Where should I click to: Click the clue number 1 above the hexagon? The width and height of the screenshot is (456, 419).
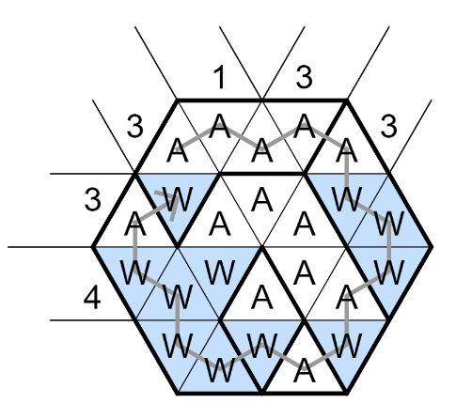pos(220,78)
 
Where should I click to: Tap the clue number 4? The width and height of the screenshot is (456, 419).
pos(92,299)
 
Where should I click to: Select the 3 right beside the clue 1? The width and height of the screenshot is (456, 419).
pos(304,77)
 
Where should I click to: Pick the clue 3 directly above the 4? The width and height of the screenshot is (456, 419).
pos(93,199)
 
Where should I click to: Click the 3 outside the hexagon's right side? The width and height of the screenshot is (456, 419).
pos(388,127)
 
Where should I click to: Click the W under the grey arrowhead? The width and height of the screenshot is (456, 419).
pos(177,199)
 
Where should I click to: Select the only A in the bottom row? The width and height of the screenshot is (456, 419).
pos(304,371)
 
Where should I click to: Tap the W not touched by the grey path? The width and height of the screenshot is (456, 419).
pos(220,273)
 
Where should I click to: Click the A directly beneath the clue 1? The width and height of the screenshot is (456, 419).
pos(220,126)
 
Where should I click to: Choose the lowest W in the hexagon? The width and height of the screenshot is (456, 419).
pos(220,371)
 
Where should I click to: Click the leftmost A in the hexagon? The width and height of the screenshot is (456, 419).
pos(135,225)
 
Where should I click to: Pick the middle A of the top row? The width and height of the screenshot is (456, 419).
pos(261,152)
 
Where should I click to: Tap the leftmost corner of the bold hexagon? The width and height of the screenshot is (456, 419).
pos(93,247)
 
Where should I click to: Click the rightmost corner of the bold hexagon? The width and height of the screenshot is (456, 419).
pos(432,247)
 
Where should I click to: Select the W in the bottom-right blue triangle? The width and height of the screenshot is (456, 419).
pos(347,346)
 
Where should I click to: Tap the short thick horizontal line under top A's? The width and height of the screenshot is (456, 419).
pos(261,173)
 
